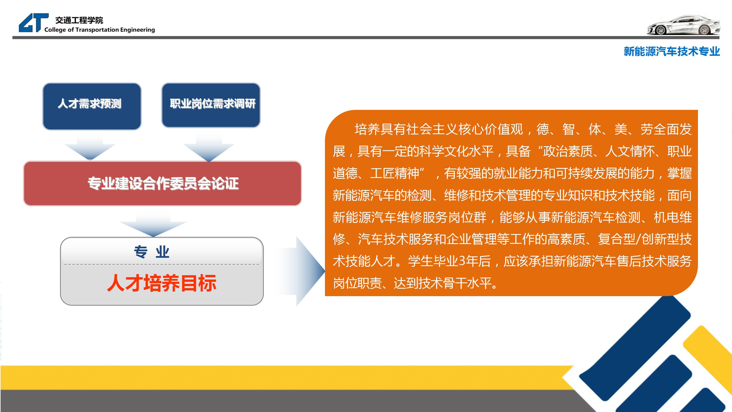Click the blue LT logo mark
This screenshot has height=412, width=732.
point(34,23)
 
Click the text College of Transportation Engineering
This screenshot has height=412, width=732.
point(100,30)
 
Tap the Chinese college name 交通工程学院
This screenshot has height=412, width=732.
point(79,20)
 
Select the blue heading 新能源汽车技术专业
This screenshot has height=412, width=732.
point(672,51)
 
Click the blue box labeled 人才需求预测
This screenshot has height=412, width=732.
point(92,106)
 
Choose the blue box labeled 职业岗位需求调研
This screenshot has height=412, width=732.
point(211,105)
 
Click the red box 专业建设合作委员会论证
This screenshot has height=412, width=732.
point(162,183)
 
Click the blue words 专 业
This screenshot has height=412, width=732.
point(152,252)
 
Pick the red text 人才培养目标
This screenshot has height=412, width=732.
point(162,283)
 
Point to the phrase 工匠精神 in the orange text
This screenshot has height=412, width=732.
point(394,173)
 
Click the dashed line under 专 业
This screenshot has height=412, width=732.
point(162,264)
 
